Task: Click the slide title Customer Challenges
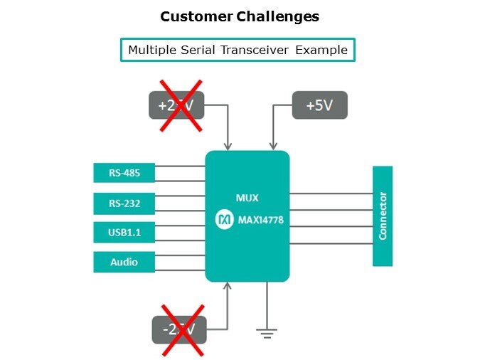point(240,16)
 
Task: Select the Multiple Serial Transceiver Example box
point(238,50)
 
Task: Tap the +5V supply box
point(320,105)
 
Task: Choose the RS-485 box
point(124,172)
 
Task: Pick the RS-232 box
point(124,203)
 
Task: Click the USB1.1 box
point(124,232)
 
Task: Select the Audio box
point(124,262)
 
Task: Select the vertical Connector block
point(383,216)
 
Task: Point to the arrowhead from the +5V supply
point(271,147)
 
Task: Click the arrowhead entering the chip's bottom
point(228,285)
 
